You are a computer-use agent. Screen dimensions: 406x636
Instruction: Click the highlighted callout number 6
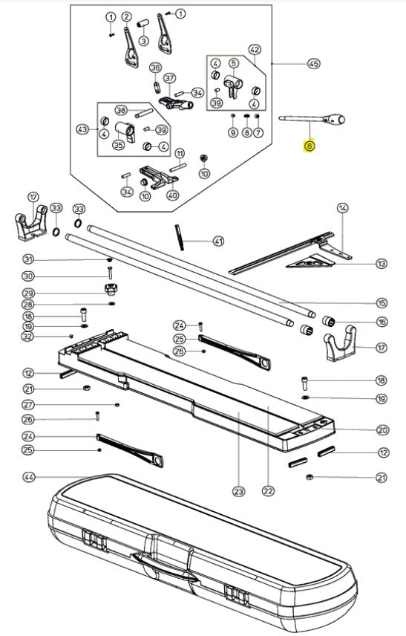(310, 146)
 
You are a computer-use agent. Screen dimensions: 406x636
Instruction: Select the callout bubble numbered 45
(314, 64)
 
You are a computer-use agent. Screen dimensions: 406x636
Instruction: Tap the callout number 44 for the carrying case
(28, 477)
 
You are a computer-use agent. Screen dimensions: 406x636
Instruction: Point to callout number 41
(218, 241)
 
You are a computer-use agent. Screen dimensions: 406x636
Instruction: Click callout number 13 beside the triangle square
(382, 264)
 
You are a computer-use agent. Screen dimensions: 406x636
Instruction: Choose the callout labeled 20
(382, 430)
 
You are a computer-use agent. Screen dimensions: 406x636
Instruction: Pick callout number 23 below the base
(239, 492)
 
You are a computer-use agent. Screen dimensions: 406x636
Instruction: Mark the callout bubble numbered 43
(82, 129)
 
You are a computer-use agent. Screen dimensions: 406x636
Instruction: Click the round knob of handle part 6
(337, 120)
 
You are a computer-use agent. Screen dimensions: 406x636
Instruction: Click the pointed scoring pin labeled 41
(179, 237)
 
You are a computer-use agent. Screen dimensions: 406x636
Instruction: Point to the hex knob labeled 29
(111, 289)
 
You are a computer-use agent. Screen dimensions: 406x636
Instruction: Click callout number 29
(28, 293)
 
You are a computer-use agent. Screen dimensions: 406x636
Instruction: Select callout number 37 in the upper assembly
(169, 78)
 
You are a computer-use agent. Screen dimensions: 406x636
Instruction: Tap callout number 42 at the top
(255, 50)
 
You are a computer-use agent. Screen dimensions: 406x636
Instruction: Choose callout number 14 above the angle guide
(342, 208)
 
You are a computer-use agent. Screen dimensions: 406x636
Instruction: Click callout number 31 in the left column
(28, 259)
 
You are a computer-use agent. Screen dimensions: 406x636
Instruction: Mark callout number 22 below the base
(268, 491)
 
